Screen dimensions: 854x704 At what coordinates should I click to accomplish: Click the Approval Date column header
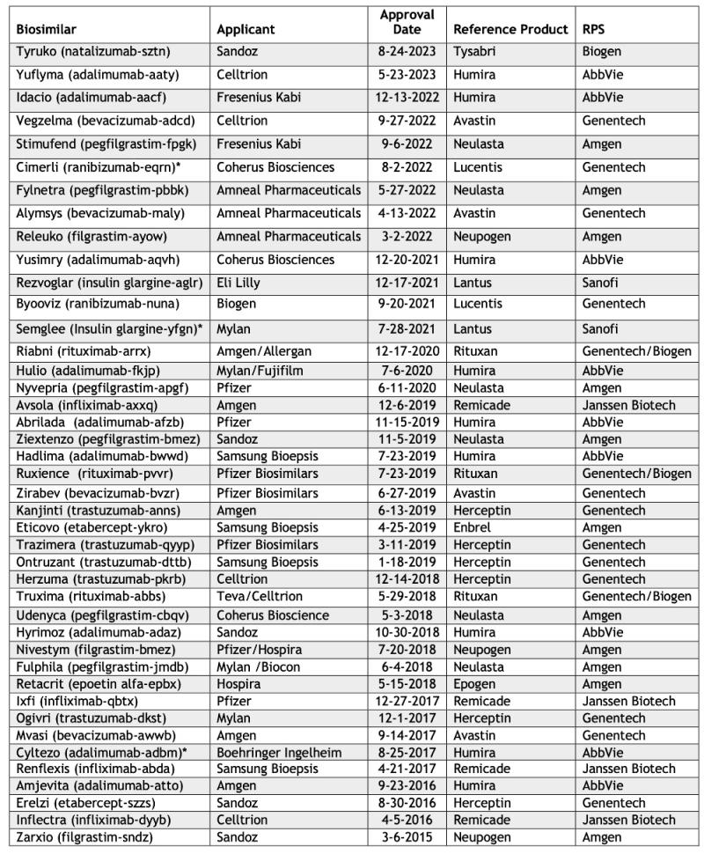[407, 22]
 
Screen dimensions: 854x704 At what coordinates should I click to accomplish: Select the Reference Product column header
[510, 29]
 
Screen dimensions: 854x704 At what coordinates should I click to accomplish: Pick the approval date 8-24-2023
[407, 52]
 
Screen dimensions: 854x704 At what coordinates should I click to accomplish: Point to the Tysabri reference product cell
[476, 52]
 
